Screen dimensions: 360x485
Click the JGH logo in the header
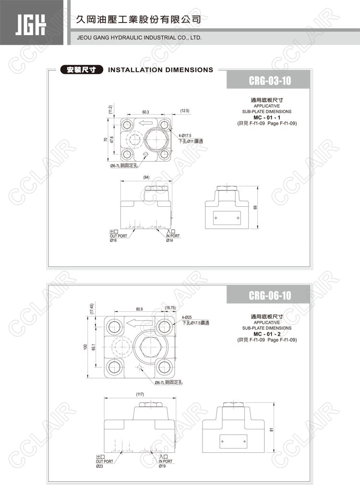point(30,24)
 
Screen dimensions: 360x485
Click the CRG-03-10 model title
point(270,81)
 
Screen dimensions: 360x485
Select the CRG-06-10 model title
point(270,296)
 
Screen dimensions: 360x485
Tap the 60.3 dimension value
point(145,112)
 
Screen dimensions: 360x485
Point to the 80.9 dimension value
point(139,309)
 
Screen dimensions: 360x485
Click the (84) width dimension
point(146,177)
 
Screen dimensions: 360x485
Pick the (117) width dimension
point(140,394)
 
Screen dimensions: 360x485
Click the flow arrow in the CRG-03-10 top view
point(145,123)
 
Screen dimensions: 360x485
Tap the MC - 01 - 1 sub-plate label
point(267,118)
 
